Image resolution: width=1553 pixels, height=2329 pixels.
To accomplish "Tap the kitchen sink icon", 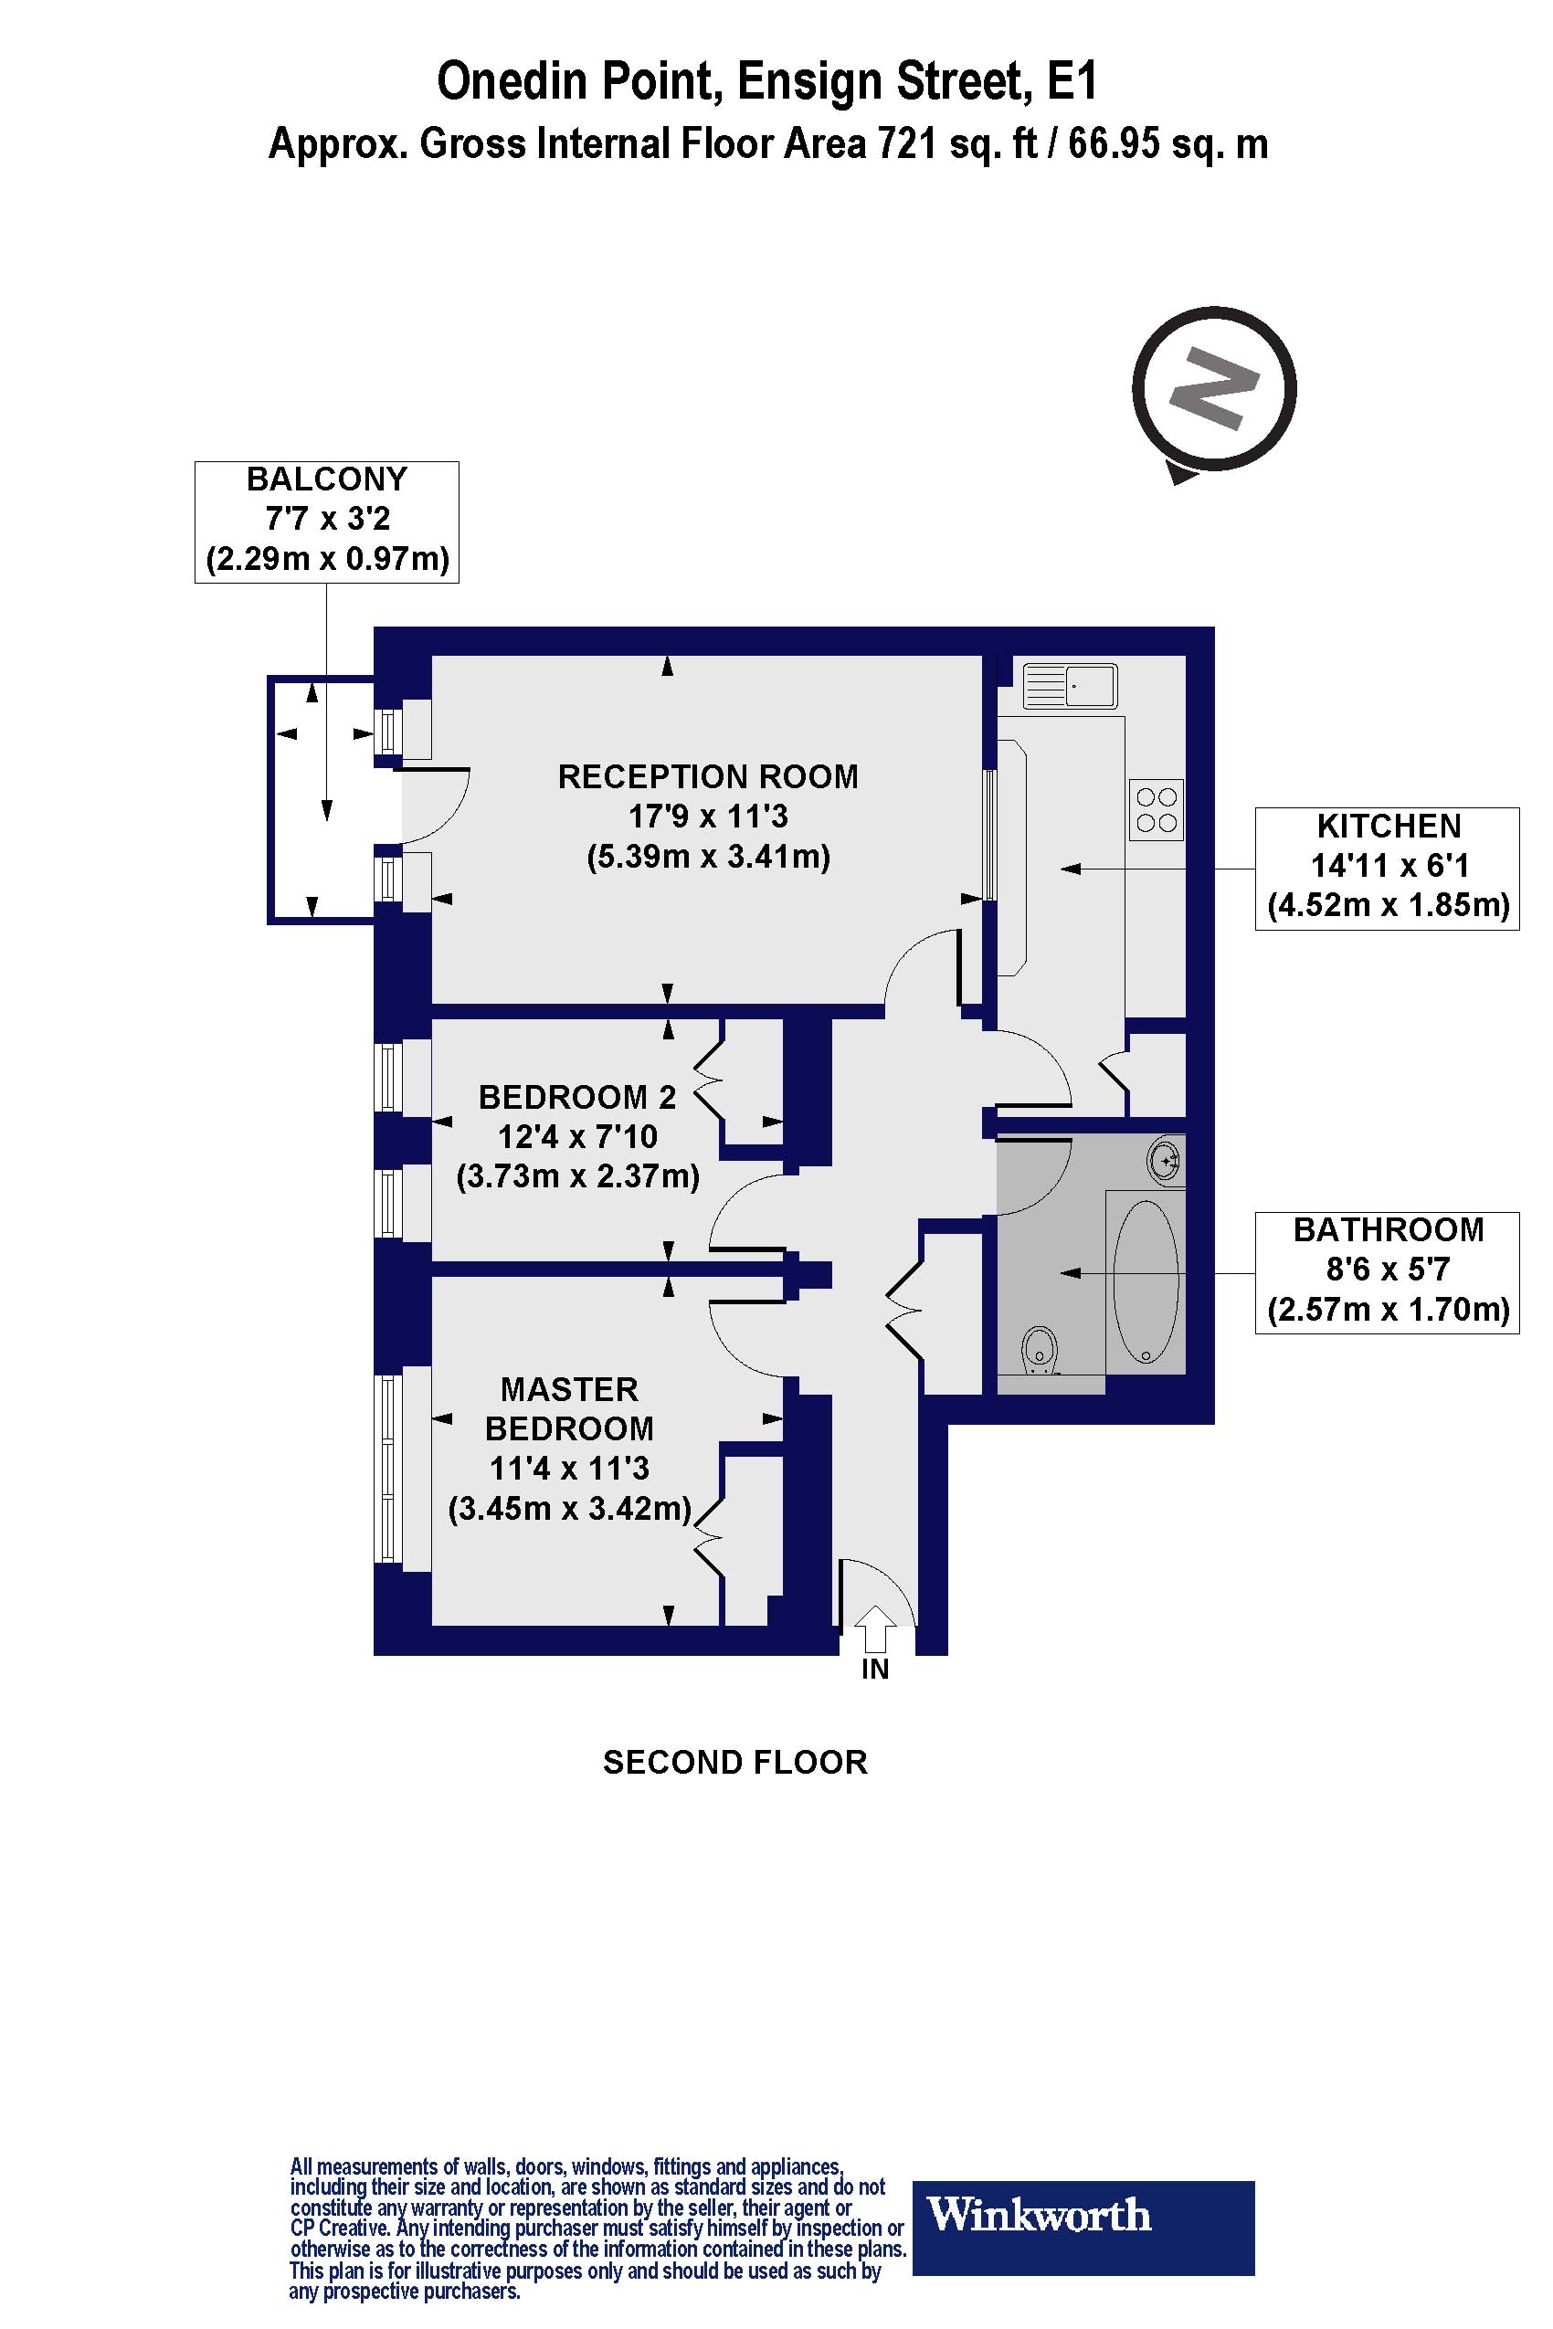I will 1070,685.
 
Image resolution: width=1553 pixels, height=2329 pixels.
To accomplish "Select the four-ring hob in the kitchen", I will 1156,809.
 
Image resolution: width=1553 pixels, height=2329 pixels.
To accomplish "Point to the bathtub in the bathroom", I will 1146,1281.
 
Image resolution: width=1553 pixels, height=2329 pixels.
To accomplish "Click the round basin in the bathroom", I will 1167,1158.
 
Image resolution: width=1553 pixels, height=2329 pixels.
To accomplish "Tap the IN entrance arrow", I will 873,1628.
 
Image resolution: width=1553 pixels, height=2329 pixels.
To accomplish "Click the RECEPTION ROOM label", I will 707,776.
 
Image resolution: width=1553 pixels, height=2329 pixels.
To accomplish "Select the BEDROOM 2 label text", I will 576,1097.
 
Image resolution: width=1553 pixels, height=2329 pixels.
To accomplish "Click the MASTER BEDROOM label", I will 568,1409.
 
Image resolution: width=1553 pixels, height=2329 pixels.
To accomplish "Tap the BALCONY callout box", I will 327,521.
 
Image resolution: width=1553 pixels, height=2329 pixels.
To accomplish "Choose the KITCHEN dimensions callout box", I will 1387,868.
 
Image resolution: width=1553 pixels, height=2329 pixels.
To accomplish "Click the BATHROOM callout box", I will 1387,1271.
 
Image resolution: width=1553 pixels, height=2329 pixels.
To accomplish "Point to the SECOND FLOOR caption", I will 734,1763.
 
